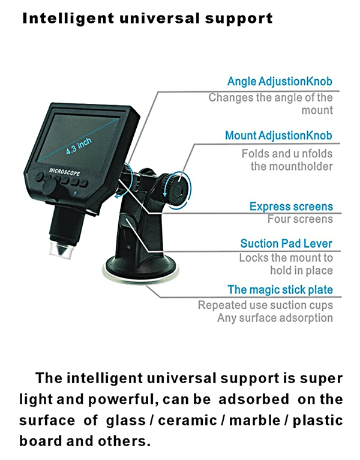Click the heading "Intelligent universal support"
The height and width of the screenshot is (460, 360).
[x=148, y=19]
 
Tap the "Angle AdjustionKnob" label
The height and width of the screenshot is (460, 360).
[x=280, y=81]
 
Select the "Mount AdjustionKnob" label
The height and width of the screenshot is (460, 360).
[x=279, y=135]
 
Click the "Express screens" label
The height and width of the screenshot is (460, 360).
[x=292, y=206]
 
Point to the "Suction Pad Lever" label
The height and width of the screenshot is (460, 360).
[x=286, y=243]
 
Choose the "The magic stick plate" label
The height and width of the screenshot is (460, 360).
[x=280, y=289]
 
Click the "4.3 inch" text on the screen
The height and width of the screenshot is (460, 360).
[x=79, y=146]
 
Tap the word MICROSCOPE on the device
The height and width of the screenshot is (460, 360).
[x=64, y=172]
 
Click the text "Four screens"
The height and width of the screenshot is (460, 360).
[x=300, y=219]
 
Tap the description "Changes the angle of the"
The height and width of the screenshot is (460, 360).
[x=271, y=97]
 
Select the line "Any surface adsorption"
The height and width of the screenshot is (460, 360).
[x=275, y=318]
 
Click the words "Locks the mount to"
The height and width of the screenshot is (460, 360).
[x=286, y=258]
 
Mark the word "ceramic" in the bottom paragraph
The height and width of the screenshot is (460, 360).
[x=188, y=420]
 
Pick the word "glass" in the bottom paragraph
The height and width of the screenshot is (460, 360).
[x=126, y=421]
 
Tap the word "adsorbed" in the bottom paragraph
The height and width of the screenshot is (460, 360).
[x=254, y=399]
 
